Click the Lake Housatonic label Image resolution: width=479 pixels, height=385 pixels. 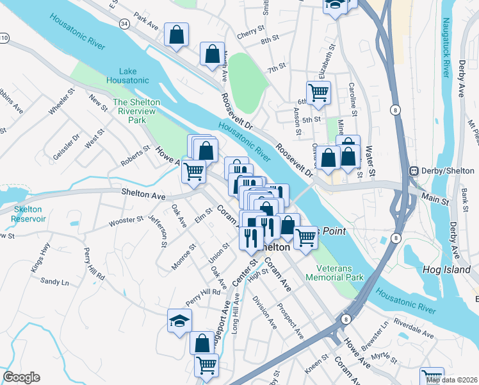(133, 75)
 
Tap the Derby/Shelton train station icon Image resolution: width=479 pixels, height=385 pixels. (414, 171)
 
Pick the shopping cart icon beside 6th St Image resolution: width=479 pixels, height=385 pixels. (318, 92)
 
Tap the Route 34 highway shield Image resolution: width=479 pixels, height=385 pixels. (124, 24)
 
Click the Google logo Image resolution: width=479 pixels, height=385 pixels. (21, 377)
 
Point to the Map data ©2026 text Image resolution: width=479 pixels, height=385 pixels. (451, 380)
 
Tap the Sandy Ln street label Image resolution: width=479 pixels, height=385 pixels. (54, 281)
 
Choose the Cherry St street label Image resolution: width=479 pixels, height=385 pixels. (250, 30)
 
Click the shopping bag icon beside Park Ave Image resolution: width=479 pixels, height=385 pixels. (176, 35)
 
